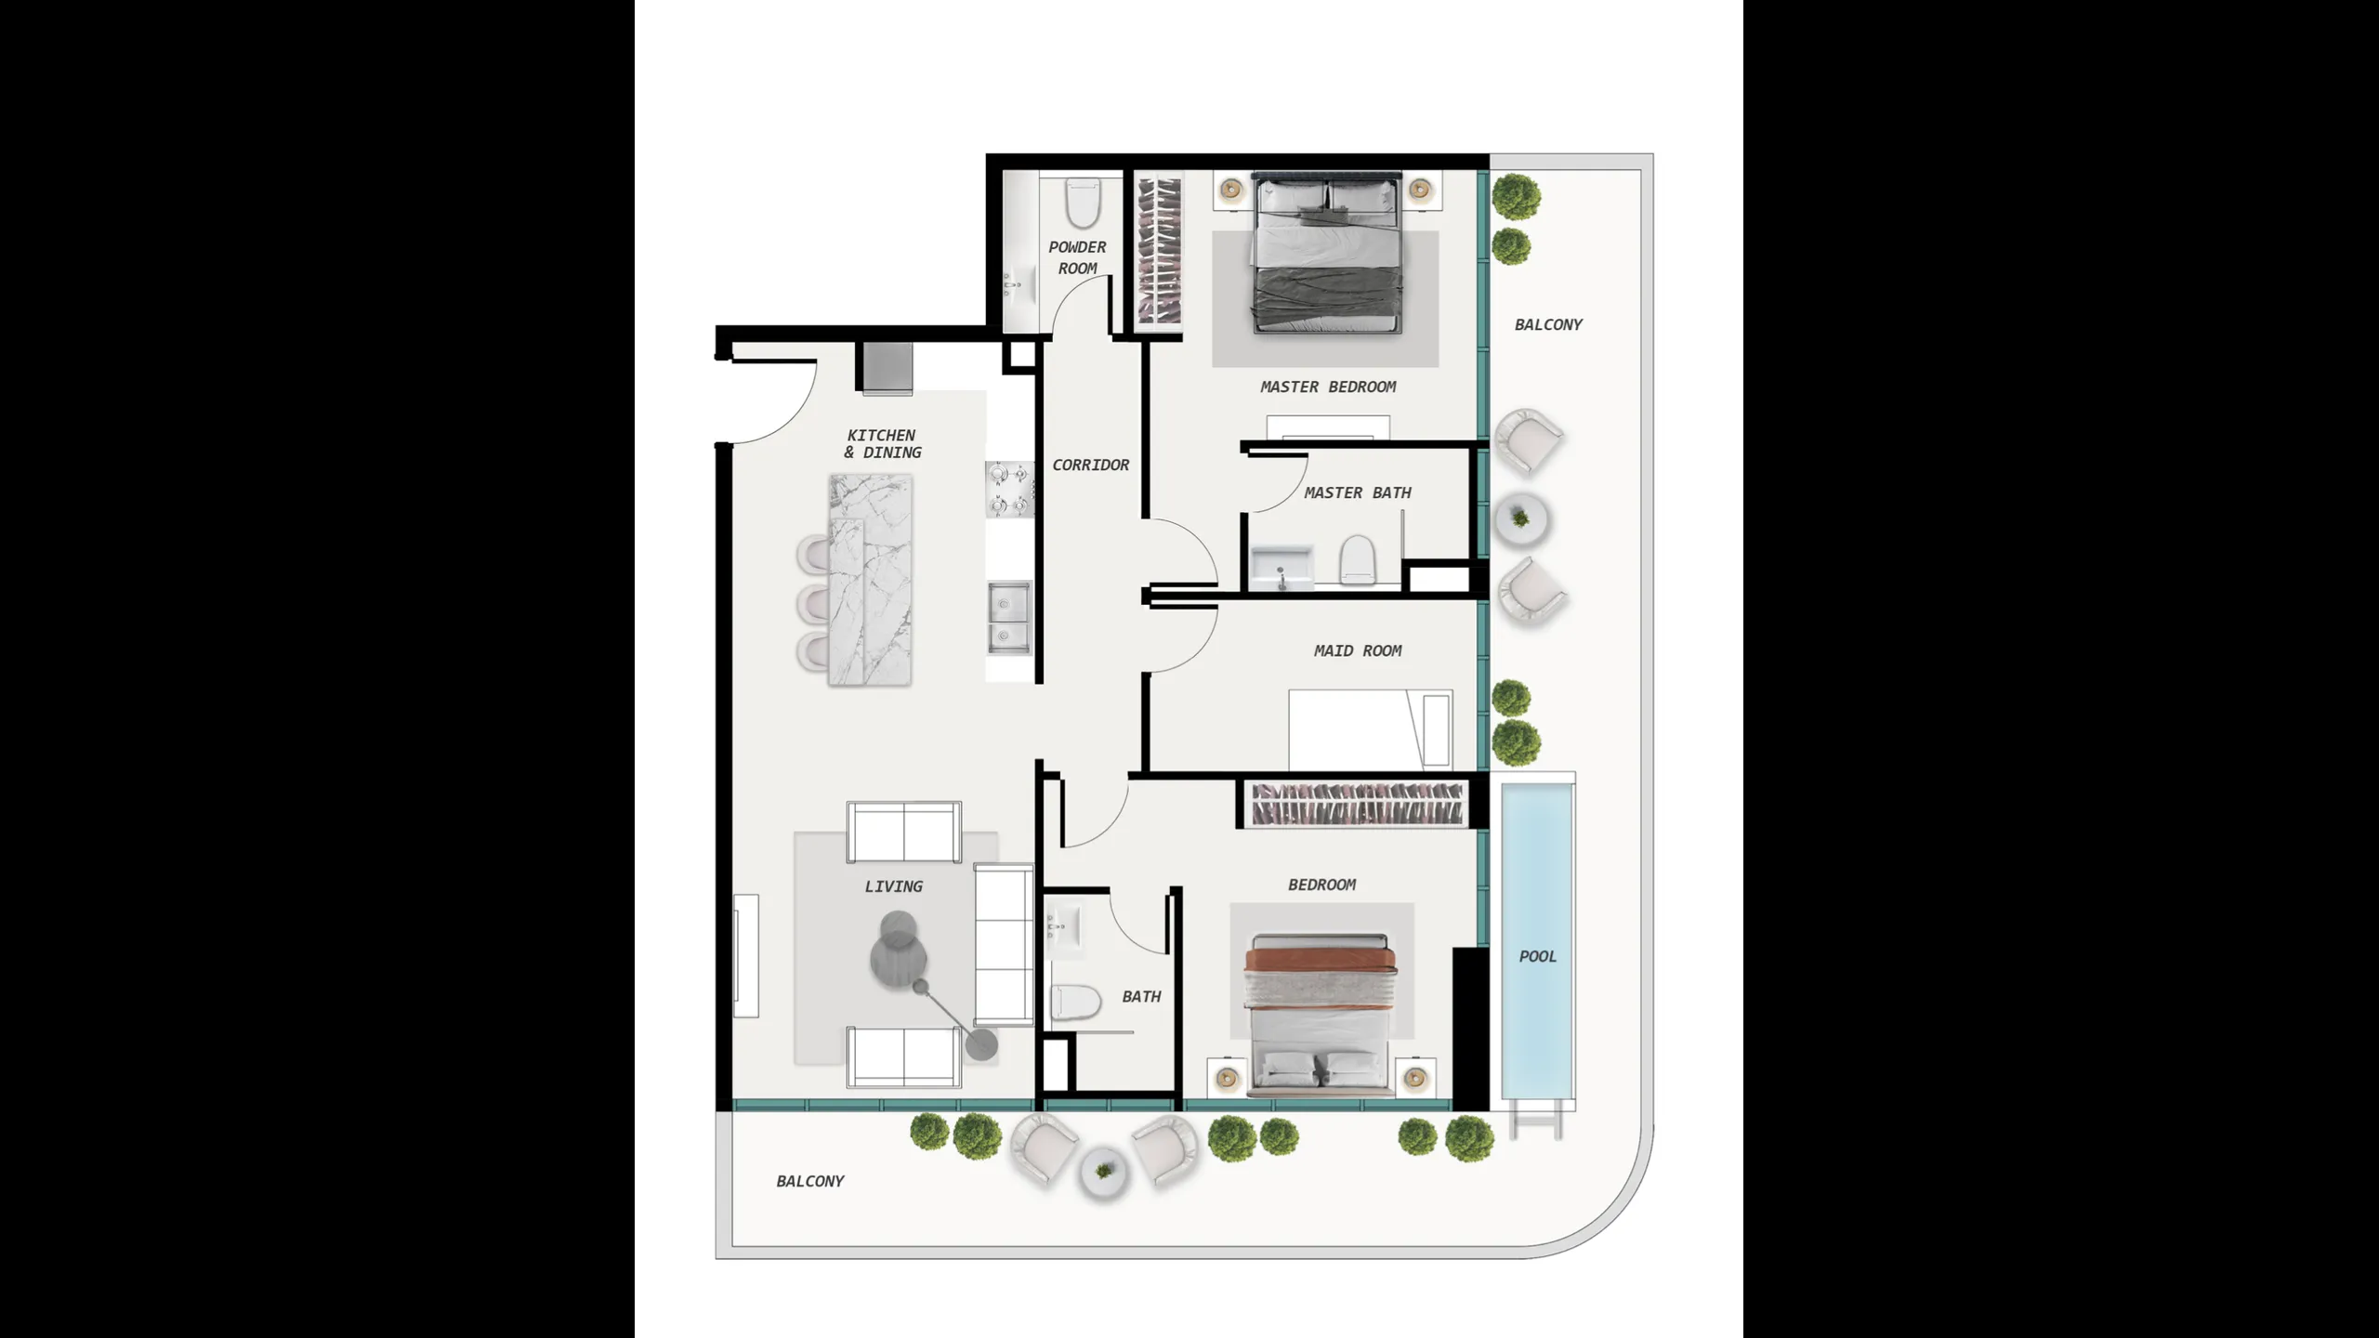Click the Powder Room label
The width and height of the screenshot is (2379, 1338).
point(1077,257)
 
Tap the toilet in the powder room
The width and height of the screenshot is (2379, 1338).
point(1083,203)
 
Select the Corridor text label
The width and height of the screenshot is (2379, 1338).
point(1090,465)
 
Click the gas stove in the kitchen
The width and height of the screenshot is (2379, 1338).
point(1009,490)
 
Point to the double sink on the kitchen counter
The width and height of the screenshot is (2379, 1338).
point(1008,618)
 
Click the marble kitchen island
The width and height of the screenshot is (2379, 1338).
point(870,581)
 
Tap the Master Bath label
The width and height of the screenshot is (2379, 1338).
point(1357,492)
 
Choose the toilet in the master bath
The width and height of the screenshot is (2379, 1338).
point(1357,560)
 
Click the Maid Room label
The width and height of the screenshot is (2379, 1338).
point(1357,650)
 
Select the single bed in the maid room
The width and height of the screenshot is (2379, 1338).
point(1370,729)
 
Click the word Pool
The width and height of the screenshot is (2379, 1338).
point(1537,956)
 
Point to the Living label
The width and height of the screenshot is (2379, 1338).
point(893,886)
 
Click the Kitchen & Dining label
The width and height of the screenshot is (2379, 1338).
point(882,443)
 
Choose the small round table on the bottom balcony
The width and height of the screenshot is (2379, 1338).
point(1103,1172)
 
